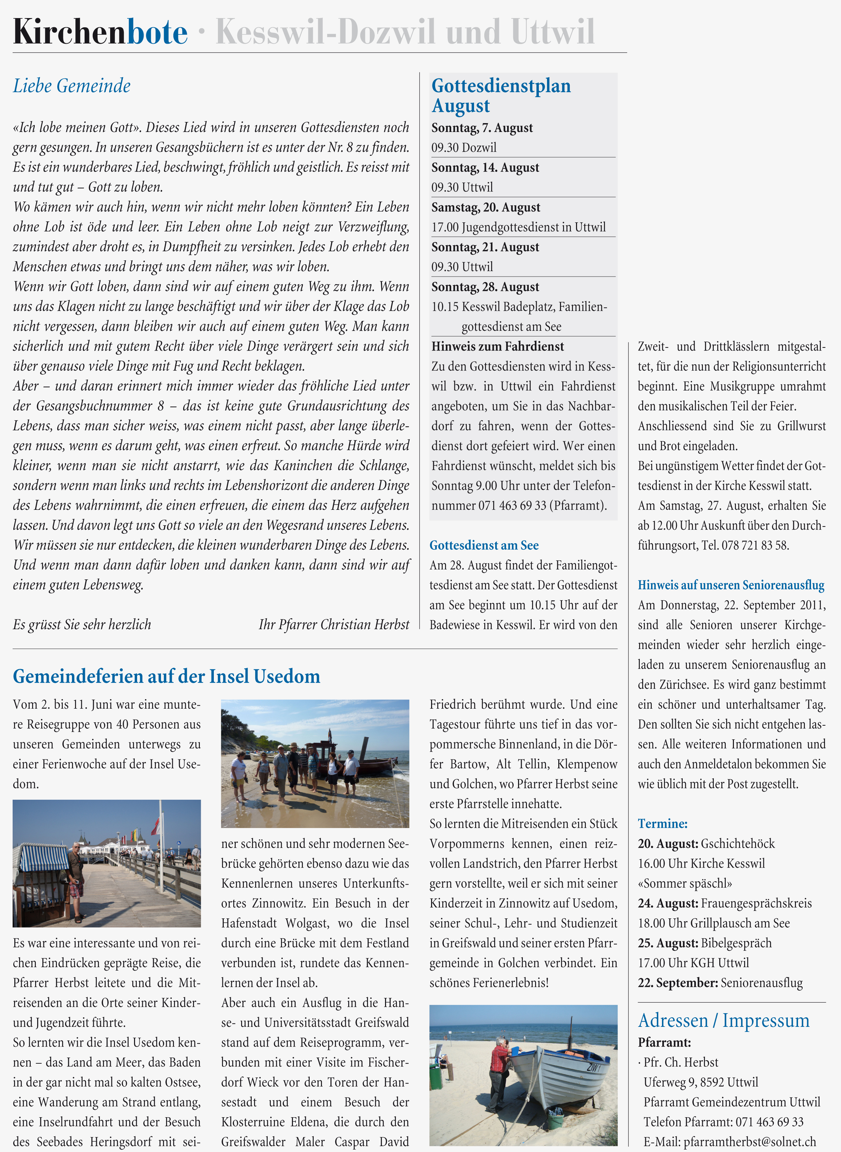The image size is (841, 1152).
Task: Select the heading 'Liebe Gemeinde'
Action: [72, 86]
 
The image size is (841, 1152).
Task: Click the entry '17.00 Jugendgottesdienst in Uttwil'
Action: [518, 227]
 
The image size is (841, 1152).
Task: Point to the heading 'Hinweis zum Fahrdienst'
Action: [497, 347]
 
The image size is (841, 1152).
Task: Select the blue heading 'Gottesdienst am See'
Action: [484, 545]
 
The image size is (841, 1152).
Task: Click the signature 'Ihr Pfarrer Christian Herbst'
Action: [334, 625]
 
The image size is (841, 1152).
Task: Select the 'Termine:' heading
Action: [662, 824]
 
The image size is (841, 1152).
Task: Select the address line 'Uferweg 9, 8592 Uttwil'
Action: [700, 1082]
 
